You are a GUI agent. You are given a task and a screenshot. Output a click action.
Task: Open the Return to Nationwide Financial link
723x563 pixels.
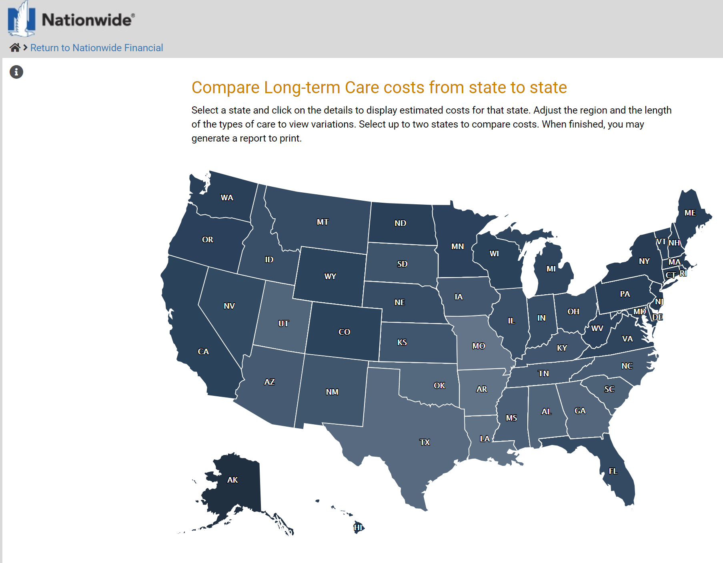(x=96, y=48)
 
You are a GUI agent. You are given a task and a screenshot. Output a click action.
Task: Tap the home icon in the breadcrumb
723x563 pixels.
(x=15, y=48)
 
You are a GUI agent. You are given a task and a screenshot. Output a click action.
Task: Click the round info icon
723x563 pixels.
(x=16, y=72)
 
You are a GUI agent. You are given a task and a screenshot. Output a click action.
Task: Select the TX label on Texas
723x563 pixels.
(x=425, y=442)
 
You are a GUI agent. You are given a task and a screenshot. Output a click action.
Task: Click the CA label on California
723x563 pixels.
(x=203, y=351)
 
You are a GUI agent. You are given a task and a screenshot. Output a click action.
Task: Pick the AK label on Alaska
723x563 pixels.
(x=232, y=480)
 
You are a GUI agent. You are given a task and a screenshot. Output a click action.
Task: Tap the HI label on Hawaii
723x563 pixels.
(x=358, y=527)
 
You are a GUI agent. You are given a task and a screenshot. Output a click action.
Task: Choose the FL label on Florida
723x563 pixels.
(x=613, y=471)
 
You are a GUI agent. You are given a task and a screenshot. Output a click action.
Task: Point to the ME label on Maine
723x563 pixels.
(x=690, y=213)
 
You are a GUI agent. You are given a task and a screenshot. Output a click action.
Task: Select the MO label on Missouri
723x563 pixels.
(x=479, y=346)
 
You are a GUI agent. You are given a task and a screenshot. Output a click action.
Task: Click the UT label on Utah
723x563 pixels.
(x=283, y=323)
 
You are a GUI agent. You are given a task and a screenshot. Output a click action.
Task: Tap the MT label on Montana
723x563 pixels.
(x=322, y=222)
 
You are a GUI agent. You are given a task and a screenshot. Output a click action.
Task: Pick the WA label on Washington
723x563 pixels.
(x=227, y=198)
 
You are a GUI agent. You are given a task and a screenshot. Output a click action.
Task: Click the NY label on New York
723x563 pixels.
(x=644, y=261)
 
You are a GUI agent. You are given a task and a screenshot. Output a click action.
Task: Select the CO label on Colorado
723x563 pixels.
(x=344, y=332)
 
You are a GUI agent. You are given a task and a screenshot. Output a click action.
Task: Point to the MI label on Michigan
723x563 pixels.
(x=551, y=269)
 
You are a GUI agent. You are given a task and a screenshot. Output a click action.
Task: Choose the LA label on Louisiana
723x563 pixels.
(x=485, y=439)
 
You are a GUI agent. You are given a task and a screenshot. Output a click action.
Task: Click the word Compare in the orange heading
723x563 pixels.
(x=226, y=88)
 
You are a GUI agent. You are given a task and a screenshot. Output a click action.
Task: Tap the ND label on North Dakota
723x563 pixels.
(x=400, y=223)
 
